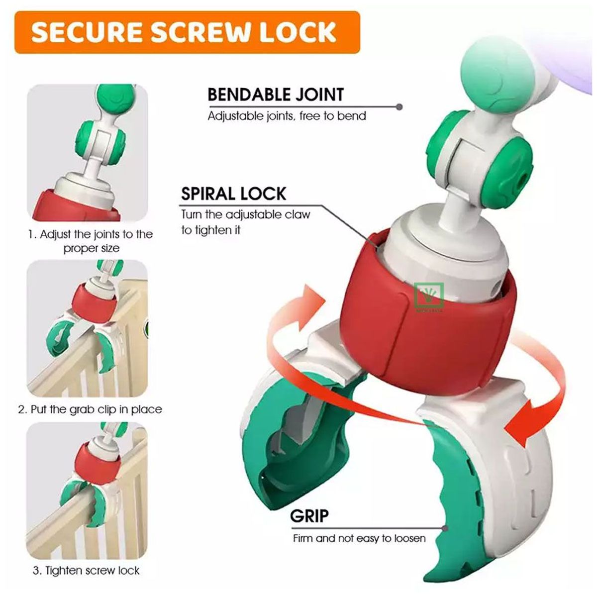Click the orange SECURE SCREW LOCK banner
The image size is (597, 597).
tap(187, 32)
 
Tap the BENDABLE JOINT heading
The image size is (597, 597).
tap(276, 95)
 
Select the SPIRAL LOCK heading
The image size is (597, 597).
tap(234, 194)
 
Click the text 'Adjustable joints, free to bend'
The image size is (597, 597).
tap(287, 116)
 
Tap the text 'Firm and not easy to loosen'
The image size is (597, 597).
tap(359, 538)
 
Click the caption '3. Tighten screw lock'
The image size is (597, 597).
tap(86, 570)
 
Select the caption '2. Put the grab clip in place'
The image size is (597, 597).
tap(90, 409)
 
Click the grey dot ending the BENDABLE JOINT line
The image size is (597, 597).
tap(399, 107)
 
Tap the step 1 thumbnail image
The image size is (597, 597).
tap(88, 152)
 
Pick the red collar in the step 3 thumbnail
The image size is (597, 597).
tap(98, 465)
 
